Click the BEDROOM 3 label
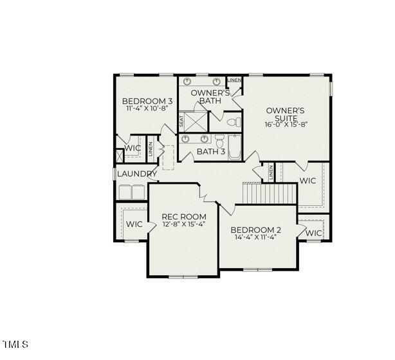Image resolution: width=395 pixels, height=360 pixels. [x=147, y=101]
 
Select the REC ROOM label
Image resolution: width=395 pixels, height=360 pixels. [x=183, y=217]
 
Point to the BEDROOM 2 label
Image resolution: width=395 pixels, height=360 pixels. [x=256, y=230]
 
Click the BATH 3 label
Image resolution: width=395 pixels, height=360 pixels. [x=210, y=152]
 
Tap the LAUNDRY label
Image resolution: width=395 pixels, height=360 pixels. [x=137, y=174]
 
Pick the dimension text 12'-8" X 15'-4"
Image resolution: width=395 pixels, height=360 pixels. [x=183, y=225]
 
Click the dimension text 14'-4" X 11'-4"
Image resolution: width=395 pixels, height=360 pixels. [x=256, y=237]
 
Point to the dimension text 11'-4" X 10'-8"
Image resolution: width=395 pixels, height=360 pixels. [x=147, y=109]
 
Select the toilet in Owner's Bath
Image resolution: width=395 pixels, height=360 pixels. [x=234, y=120]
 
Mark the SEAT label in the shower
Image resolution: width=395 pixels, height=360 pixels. [x=181, y=120]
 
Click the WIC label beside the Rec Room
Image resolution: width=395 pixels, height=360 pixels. [x=134, y=224]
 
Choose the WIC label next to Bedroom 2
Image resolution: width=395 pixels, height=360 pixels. [x=313, y=233]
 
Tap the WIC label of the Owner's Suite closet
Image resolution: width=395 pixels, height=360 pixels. [x=308, y=181]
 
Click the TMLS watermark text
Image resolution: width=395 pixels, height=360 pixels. [x=15, y=344]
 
